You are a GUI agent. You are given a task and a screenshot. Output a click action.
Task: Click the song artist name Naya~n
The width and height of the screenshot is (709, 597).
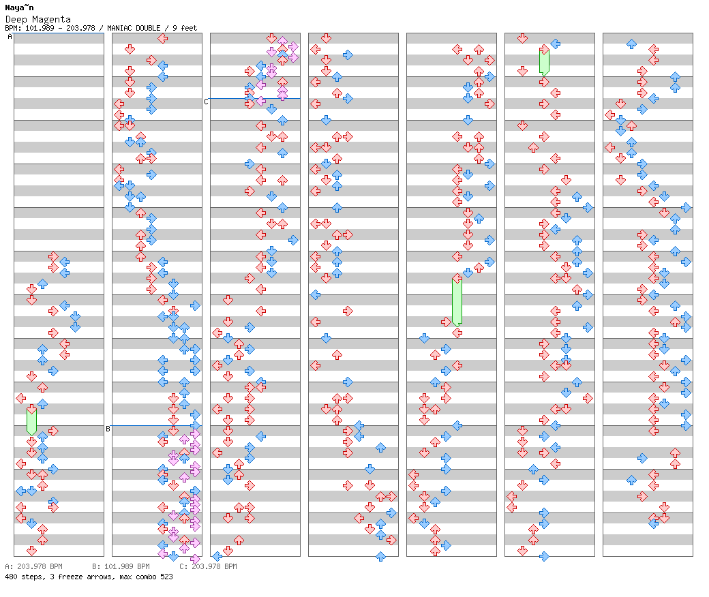pyautogui.click(x=19, y=7)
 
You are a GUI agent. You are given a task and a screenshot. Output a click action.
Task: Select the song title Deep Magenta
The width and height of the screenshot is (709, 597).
pyautogui.click(x=37, y=19)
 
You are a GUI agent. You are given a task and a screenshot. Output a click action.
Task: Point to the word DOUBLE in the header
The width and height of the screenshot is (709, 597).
pyautogui.click(x=148, y=28)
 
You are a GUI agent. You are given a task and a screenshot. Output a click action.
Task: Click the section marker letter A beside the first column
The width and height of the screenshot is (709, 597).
pyautogui.click(x=10, y=37)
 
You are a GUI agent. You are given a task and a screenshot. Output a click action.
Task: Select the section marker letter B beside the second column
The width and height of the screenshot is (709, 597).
pyautogui.click(x=108, y=429)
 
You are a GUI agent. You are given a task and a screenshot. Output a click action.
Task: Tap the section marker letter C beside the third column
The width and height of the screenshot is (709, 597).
pyautogui.click(x=206, y=102)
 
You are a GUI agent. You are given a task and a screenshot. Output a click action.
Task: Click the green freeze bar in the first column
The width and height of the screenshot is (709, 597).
pyautogui.click(x=31, y=420)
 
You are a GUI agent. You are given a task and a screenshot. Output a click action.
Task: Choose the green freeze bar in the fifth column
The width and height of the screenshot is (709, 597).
pyautogui.click(x=457, y=301)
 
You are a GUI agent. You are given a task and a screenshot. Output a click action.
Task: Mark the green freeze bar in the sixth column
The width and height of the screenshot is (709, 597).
pyautogui.click(x=544, y=61)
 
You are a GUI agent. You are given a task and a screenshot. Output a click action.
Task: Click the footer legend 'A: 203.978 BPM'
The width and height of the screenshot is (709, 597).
pyautogui.click(x=33, y=566)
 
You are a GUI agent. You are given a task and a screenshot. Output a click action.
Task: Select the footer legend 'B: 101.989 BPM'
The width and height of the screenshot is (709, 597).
pyautogui.click(x=121, y=566)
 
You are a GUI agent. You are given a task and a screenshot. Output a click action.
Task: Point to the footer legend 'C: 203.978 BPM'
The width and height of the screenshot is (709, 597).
pyautogui.click(x=208, y=566)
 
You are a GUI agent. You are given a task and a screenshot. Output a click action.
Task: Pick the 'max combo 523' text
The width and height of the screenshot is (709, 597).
pyautogui.click(x=147, y=577)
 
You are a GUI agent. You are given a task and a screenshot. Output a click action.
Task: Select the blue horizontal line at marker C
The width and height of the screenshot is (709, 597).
pyautogui.click(x=255, y=98)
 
